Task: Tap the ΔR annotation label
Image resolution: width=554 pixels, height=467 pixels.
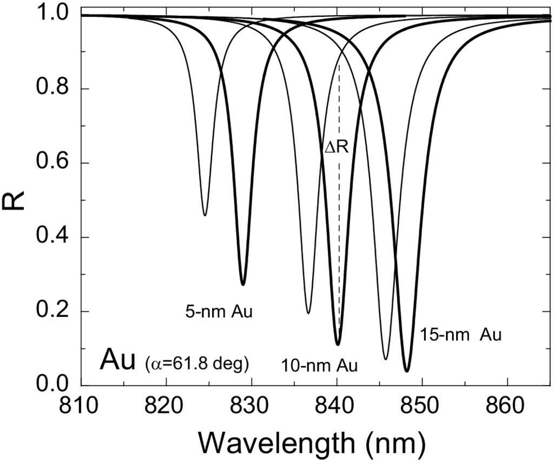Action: pyautogui.click(x=337, y=146)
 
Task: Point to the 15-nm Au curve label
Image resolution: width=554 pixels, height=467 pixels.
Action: pyautogui.click(x=461, y=335)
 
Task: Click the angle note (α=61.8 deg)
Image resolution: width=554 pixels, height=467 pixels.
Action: pyautogui.click(x=196, y=364)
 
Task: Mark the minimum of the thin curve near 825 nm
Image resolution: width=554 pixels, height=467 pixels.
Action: pyautogui.click(x=205, y=215)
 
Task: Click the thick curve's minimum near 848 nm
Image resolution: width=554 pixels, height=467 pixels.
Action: pyautogui.click(x=407, y=371)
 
